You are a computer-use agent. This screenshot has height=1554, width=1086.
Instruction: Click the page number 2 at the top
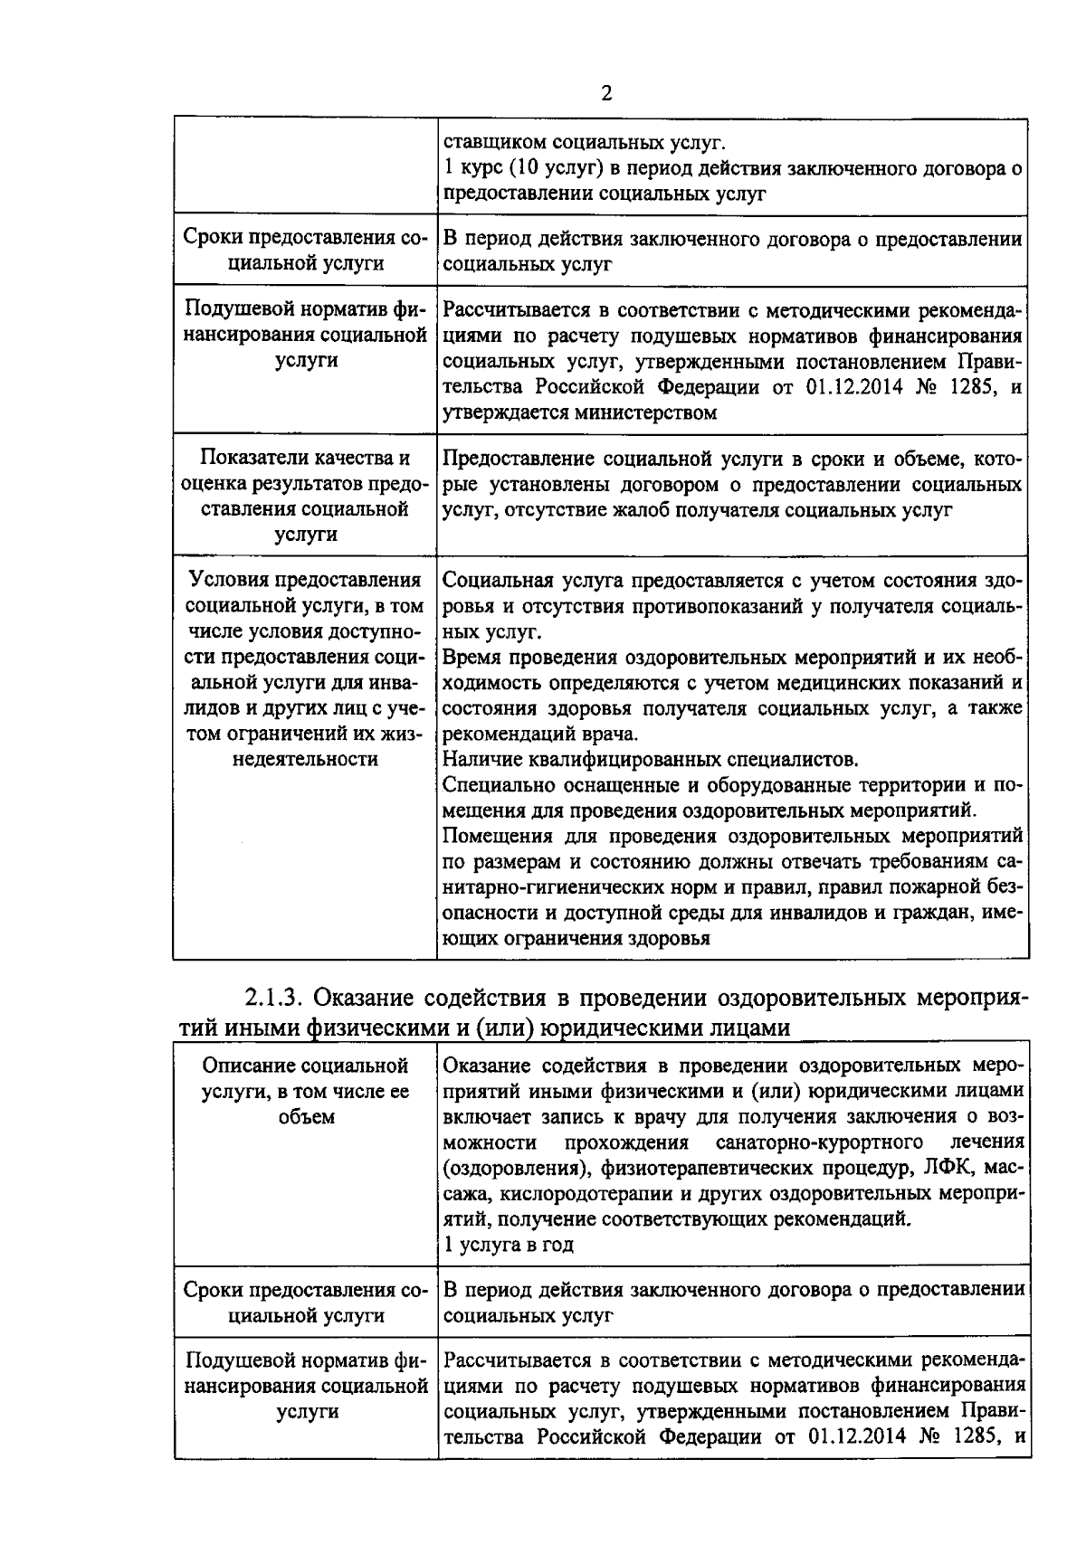(605, 93)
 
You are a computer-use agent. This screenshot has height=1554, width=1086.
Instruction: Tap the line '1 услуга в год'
(509, 1245)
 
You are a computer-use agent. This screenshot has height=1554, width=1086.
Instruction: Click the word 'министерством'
(644, 413)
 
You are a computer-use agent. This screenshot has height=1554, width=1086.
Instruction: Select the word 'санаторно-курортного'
(818, 1141)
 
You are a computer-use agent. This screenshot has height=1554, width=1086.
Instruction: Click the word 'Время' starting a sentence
(469, 657)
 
